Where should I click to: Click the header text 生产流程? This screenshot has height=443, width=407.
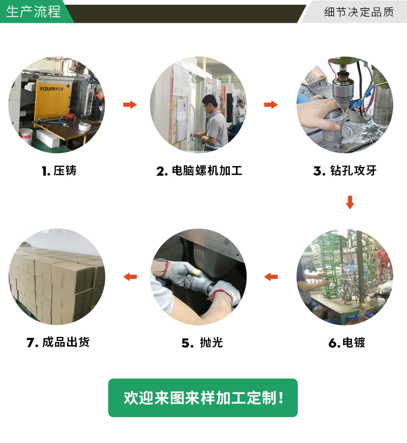(33, 12)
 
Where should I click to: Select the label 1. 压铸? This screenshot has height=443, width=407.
(59, 171)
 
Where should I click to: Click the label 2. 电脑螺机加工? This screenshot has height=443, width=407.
(199, 171)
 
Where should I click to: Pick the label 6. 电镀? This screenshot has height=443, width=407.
(347, 343)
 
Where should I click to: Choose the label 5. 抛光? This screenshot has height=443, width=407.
(202, 343)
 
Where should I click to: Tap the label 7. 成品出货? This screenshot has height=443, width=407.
(58, 342)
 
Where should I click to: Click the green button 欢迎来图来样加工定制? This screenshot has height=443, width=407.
(203, 398)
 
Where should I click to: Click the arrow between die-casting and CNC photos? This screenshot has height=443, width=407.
(130, 105)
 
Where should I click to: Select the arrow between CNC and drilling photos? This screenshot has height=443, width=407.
(271, 105)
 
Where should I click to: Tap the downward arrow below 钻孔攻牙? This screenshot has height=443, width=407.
(350, 202)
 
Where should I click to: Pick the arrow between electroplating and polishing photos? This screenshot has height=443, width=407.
(271, 277)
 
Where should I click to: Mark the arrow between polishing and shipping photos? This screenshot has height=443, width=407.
(130, 277)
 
